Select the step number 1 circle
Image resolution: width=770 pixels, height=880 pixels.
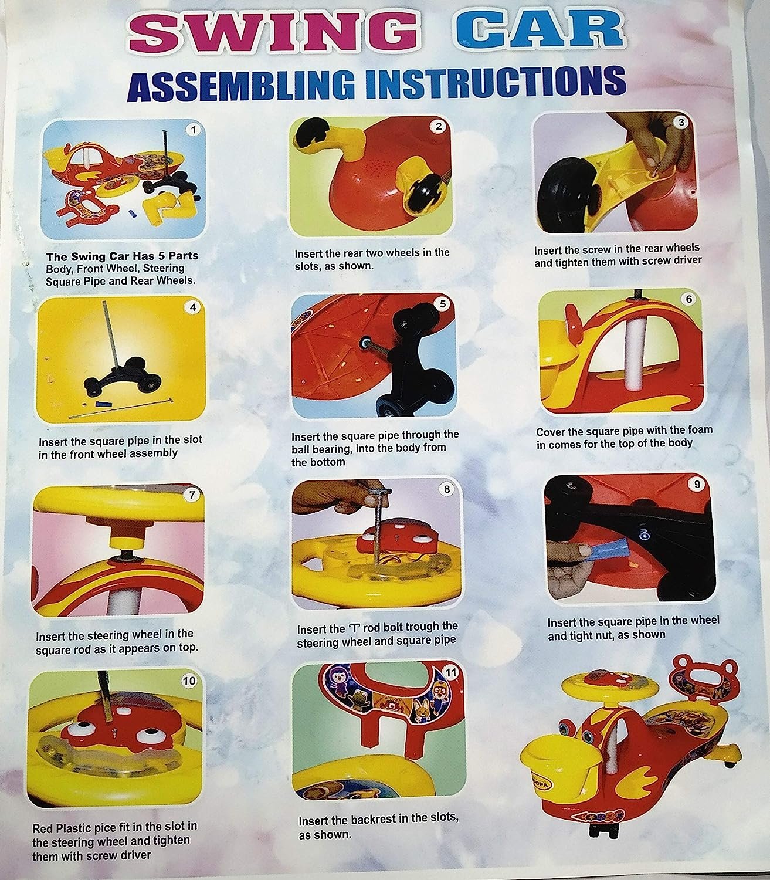click(x=194, y=130)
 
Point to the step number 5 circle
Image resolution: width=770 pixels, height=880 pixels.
click(x=442, y=304)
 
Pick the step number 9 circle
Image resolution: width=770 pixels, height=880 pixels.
click(x=697, y=485)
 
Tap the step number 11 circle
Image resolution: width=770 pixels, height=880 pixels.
click(x=450, y=673)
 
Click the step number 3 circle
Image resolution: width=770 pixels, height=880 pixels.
click(x=681, y=122)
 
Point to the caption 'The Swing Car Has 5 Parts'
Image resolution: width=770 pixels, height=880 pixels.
click(x=123, y=256)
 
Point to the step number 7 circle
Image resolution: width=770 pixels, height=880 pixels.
click(x=191, y=495)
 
